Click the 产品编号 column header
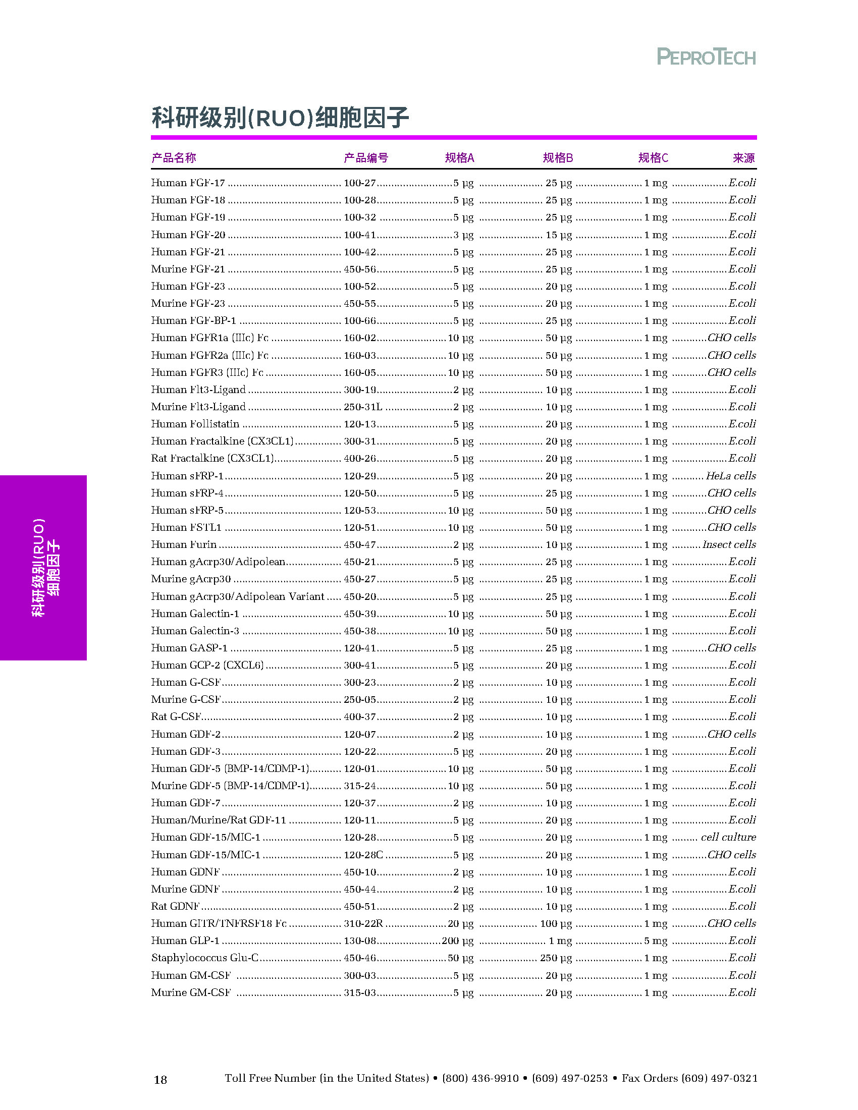click(x=365, y=158)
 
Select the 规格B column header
click(x=558, y=158)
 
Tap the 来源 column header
click(x=743, y=158)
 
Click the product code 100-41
click(x=359, y=235)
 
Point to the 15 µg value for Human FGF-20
click(x=559, y=235)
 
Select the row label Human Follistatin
click(x=195, y=424)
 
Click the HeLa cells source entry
click(x=730, y=476)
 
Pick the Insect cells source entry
click(x=729, y=544)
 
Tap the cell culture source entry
click(x=728, y=837)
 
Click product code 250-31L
click(x=363, y=407)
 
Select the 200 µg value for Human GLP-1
click(x=457, y=941)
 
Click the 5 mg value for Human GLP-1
click(x=656, y=941)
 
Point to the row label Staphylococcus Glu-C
click(x=205, y=958)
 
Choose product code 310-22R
click(x=363, y=923)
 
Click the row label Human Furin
click(x=184, y=544)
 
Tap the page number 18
click(x=160, y=1080)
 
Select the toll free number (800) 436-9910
click(x=480, y=1078)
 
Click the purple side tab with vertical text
click(x=44, y=567)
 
